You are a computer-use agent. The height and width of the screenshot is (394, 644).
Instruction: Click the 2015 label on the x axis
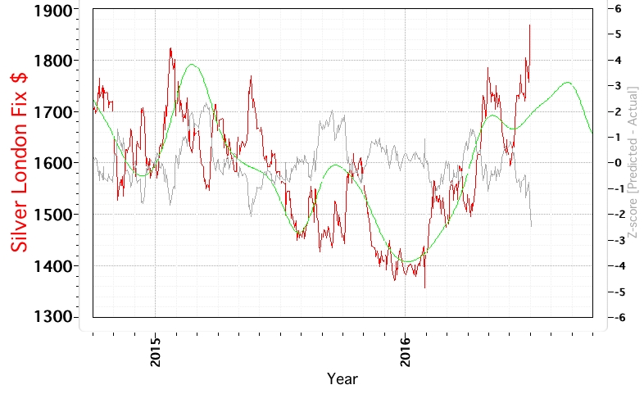155,351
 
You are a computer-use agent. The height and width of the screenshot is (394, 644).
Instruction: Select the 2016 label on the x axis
405,351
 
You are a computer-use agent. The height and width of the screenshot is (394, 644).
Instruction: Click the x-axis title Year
342,379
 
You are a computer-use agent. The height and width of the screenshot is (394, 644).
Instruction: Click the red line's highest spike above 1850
530,25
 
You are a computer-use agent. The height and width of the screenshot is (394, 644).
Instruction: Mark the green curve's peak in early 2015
193,64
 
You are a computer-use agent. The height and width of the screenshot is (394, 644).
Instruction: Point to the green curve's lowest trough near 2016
406,261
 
